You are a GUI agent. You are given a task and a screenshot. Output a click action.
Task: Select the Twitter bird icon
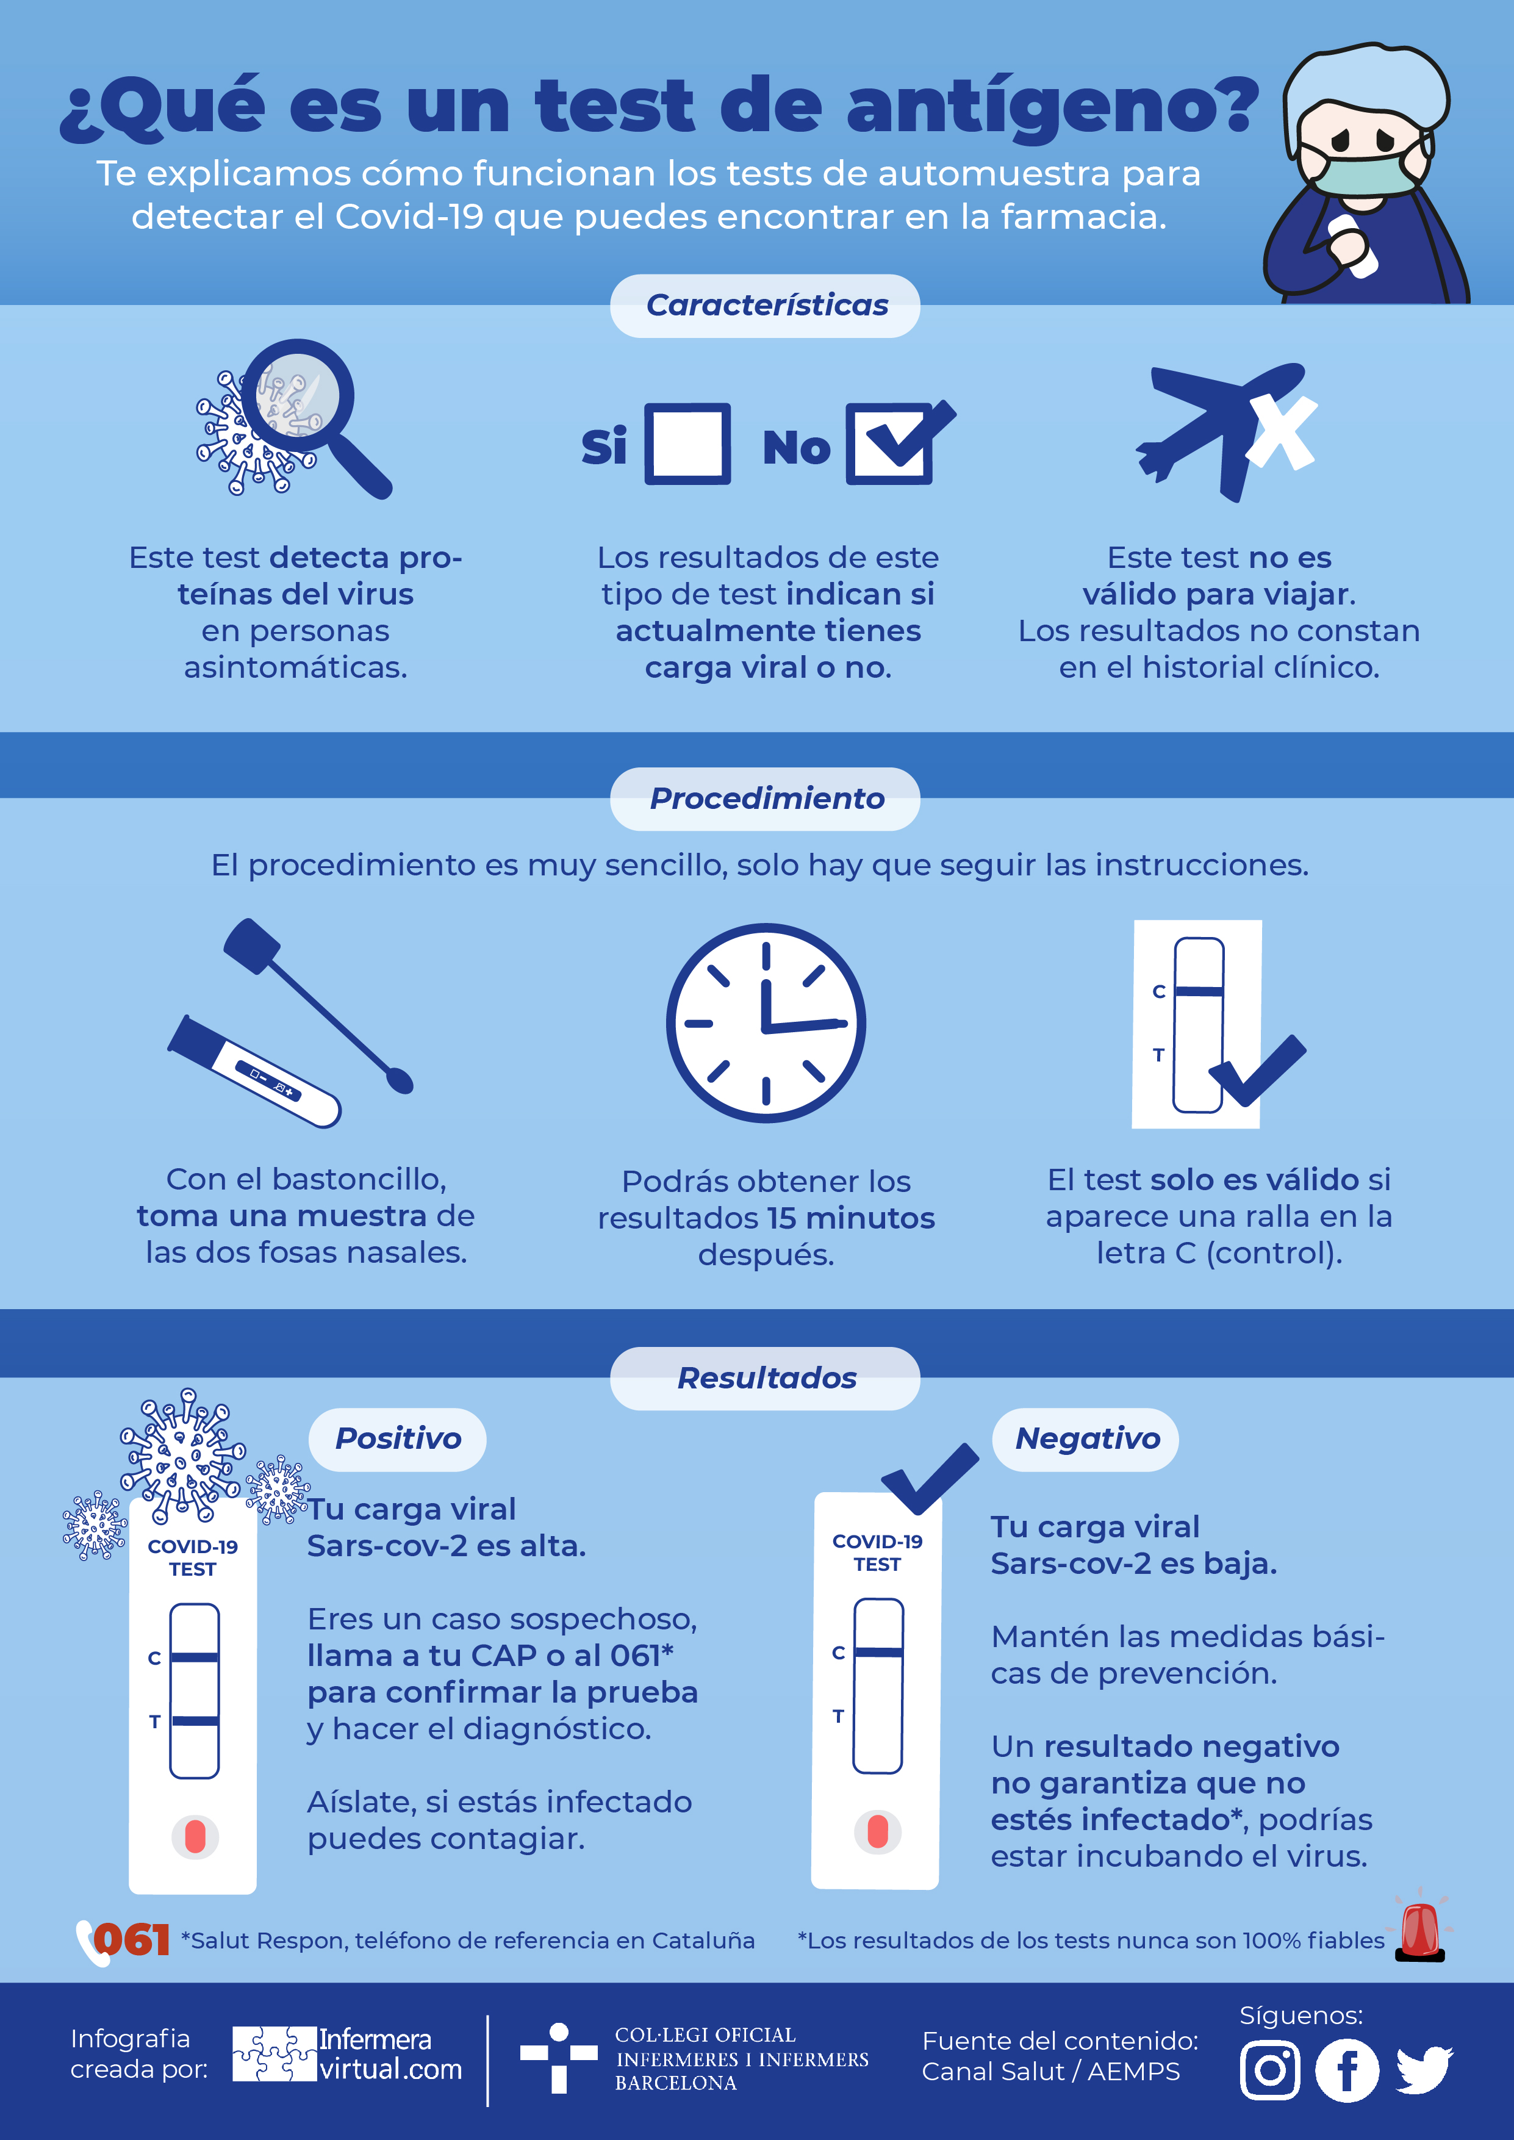[1424, 2070]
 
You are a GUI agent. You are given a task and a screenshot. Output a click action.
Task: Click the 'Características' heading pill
[766, 306]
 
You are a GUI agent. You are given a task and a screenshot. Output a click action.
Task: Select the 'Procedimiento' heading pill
[766, 799]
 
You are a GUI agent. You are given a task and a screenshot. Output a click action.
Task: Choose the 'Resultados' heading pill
[766, 1379]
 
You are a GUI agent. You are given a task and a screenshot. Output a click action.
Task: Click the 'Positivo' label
[398, 1439]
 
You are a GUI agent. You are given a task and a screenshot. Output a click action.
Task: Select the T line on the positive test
[195, 1720]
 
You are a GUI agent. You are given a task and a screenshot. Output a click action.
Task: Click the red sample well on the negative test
[877, 1831]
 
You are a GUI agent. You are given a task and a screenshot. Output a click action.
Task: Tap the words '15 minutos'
[851, 1218]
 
